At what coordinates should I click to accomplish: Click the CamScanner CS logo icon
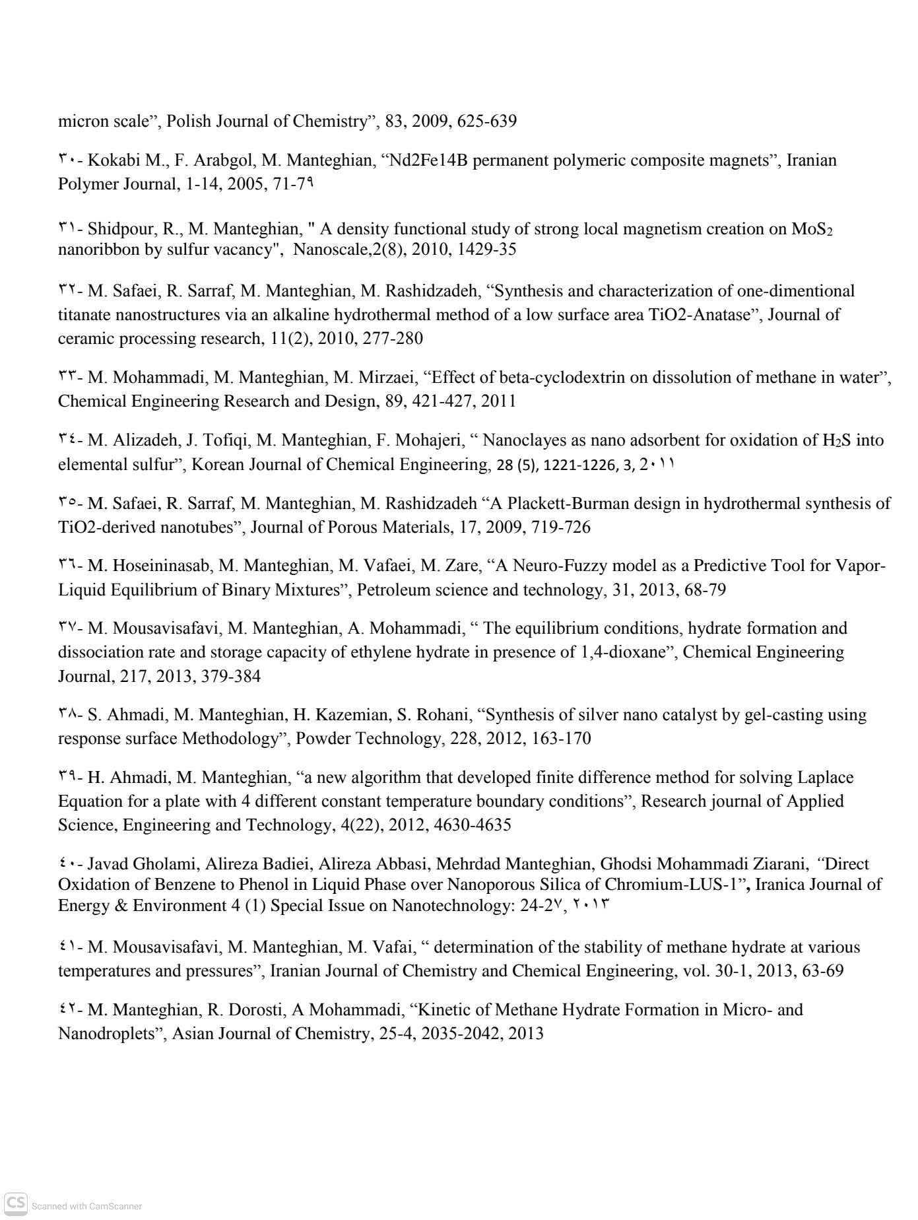tap(16, 1204)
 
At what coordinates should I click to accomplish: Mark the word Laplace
tap(825, 778)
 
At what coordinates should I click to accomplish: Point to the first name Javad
tap(108, 864)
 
